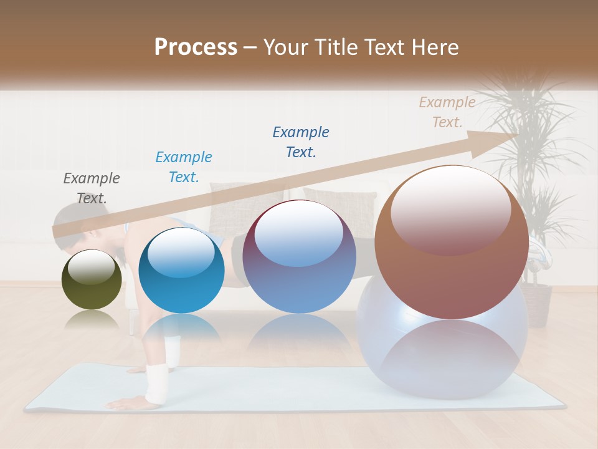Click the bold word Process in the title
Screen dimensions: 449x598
(x=196, y=47)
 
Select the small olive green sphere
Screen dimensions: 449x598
(x=92, y=279)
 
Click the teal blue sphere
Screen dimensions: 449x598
(x=181, y=269)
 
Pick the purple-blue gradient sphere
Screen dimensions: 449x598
(x=299, y=256)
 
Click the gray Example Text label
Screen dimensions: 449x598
(x=92, y=188)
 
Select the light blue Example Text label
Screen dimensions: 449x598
(x=184, y=167)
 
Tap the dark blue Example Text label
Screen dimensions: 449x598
(x=301, y=142)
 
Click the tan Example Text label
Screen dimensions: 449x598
(x=447, y=112)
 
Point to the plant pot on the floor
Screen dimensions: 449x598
(x=536, y=306)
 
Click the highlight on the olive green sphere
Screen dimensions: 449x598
(x=91, y=266)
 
